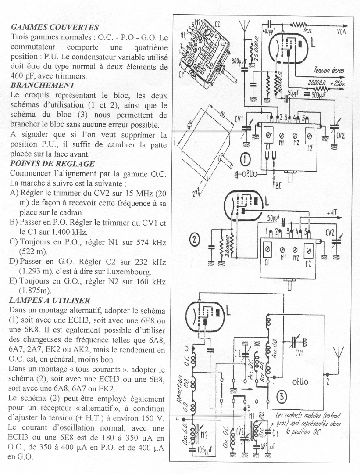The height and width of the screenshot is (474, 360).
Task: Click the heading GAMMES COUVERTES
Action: click(x=54, y=28)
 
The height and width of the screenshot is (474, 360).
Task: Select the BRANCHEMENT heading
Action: click(x=42, y=85)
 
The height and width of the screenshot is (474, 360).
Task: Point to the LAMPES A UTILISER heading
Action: click(x=50, y=300)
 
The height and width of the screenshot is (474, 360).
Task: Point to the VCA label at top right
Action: click(x=342, y=32)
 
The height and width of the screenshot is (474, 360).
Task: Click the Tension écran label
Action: click(x=328, y=70)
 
